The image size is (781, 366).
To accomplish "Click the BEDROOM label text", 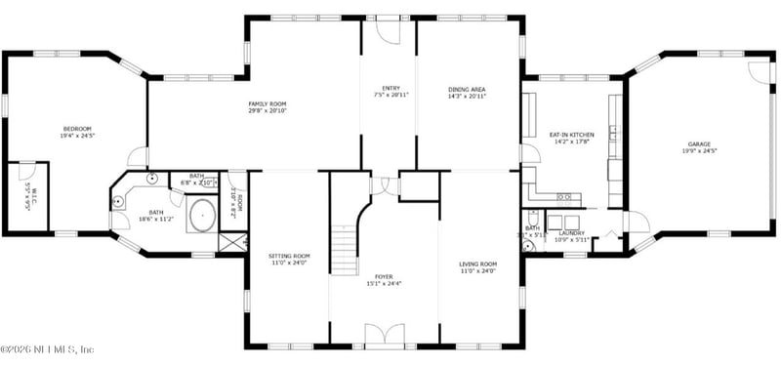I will (78, 129).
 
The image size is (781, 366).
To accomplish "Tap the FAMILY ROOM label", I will (266, 103).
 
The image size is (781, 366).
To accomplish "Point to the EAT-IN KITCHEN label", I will (571, 135).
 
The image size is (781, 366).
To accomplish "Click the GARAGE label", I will (699, 143).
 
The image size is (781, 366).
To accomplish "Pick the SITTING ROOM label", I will (289, 256).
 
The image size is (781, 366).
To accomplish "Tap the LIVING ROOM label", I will (478, 264).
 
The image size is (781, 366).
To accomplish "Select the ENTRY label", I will (390, 89).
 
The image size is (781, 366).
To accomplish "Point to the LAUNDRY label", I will (571, 233).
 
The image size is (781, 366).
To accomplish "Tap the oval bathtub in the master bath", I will (202, 216).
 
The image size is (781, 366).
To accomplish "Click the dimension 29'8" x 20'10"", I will (266, 111).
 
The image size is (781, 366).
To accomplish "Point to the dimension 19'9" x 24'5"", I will (699, 151).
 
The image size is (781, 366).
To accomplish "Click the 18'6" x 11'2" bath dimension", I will (156, 219).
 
